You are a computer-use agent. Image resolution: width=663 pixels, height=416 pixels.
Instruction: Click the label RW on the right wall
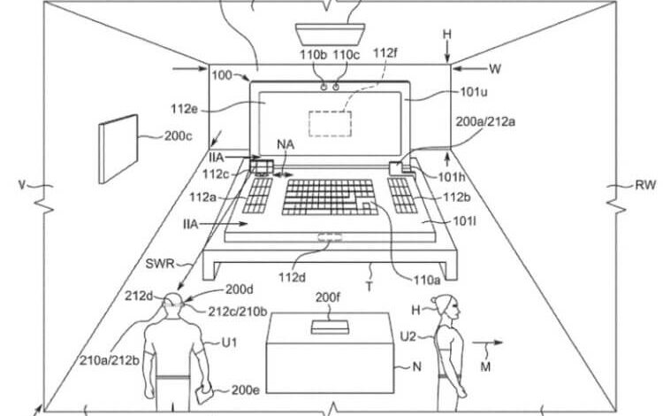pyautogui.click(x=637, y=186)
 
